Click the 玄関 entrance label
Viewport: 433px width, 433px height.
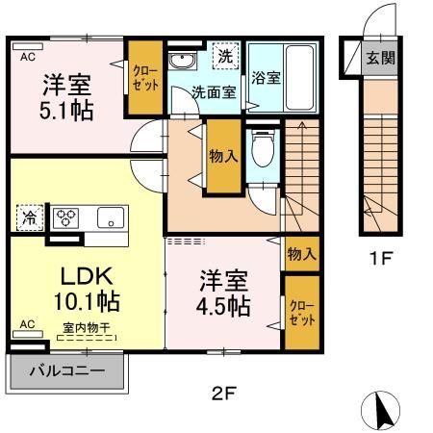[x=378, y=56]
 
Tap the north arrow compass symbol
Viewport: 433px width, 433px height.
[x=379, y=411]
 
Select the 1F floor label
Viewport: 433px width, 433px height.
[x=377, y=258]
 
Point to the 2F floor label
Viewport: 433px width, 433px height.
[x=223, y=392]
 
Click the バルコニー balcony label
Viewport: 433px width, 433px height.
[x=66, y=369]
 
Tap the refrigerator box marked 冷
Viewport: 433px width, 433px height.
[x=29, y=216]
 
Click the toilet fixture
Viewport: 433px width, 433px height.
[x=262, y=152]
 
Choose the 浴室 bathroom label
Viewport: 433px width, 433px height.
[x=267, y=77]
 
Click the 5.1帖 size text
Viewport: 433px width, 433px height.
[x=66, y=111]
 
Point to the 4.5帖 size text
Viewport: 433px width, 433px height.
[x=225, y=306]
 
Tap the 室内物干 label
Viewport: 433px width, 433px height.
[x=88, y=328]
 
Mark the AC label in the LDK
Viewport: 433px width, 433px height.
[x=26, y=324]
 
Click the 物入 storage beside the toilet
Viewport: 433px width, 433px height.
[x=223, y=157]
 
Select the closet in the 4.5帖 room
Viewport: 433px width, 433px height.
[x=300, y=312]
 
